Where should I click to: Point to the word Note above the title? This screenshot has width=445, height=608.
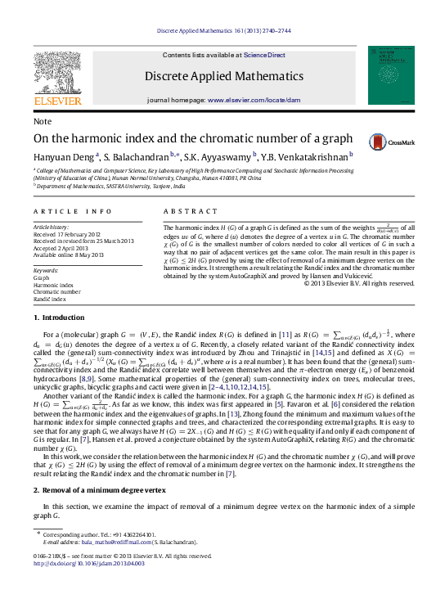[42, 120]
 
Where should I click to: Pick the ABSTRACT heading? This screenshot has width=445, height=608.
[185, 211]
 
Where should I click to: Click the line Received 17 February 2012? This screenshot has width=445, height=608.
[66, 234]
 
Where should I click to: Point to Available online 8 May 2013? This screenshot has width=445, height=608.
[69, 254]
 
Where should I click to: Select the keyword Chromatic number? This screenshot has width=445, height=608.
[56, 291]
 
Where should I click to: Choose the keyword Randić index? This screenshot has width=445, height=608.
[51, 299]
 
